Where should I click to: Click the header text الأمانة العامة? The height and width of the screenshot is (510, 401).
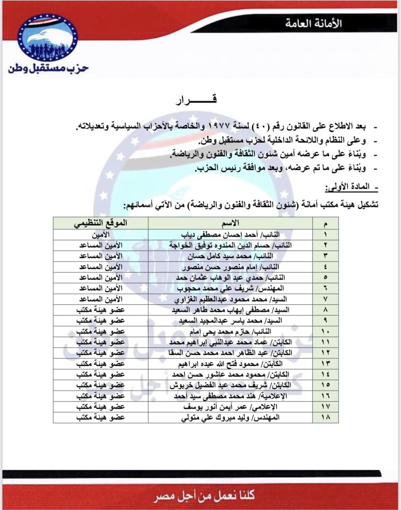pos(313,23)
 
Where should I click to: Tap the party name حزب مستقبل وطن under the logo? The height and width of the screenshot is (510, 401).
pos(48,68)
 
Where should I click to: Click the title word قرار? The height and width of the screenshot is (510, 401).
pos(196,100)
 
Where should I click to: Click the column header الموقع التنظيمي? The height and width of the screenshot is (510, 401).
pos(100,223)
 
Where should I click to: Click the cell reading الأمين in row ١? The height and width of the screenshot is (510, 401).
pos(101,235)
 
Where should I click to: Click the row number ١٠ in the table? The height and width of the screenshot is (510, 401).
pos(325,331)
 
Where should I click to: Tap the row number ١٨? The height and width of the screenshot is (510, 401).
pos(325,417)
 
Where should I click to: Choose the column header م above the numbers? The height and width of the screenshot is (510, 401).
pos(325,224)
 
